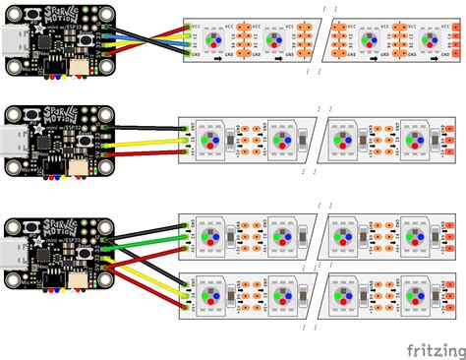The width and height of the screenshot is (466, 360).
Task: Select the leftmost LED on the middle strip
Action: pyautogui.click(x=210, y=140)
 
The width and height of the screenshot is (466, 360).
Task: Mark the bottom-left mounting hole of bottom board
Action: pyautogui.click(x=15, y=281)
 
